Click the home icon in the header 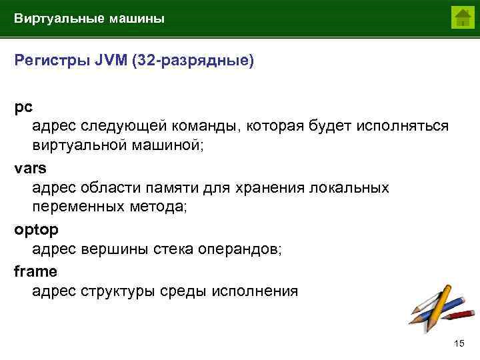click(461, 17)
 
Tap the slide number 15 click(458, 343)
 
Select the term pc click(23, 106)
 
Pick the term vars click(30, 167)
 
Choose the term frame click(35, 271)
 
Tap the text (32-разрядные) click(193, 61)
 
